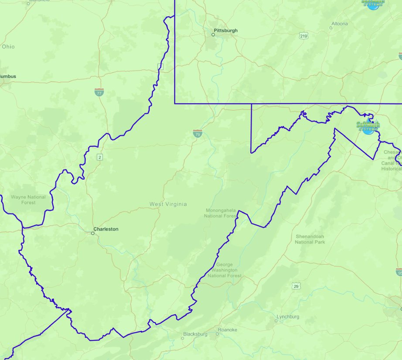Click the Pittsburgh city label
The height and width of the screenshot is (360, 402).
pos(226,31)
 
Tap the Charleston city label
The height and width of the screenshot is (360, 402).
pos(106,229)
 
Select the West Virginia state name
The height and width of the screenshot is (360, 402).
pos(168,204)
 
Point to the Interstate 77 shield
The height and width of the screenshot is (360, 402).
pos(99,92)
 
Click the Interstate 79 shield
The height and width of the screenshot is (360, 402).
pos(198,133)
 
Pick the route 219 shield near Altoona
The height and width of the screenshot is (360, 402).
pos(303,35)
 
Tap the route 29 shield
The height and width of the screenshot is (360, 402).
pos(296,286)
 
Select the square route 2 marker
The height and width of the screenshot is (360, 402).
pos(100,157)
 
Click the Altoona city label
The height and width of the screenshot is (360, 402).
pos(340,24)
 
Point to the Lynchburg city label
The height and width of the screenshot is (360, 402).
pos(288,316)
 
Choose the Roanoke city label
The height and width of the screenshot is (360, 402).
pos(228,330)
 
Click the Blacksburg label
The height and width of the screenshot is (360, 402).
pos(195,334)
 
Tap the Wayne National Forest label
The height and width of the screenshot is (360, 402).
pos(28,200)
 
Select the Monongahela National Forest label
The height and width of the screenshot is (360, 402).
pos(220,213)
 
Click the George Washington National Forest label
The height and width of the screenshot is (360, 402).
pos(225,270)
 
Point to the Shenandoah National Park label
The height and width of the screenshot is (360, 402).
pos(310,239)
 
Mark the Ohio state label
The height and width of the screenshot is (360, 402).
pos(8,47)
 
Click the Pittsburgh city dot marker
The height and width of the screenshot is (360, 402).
pos(213,35)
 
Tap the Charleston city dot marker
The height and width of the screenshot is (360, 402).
pos(92,233)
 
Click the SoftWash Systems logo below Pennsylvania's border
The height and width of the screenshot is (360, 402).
pos(368,127)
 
